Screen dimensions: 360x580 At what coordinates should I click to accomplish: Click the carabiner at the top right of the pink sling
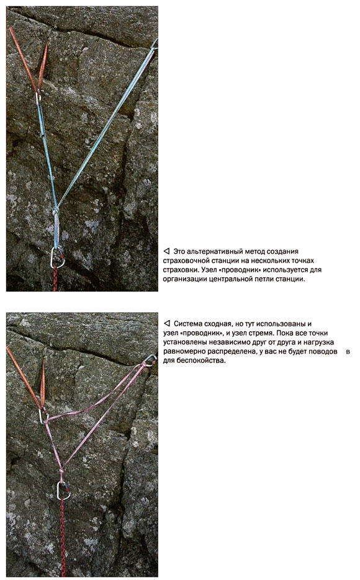coord(150,360)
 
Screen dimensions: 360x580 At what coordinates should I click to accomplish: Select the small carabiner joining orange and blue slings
coord(38,97)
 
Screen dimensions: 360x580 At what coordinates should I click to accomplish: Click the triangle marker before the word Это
coord(166,251)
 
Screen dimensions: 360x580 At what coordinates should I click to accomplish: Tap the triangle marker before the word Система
coord(166,324)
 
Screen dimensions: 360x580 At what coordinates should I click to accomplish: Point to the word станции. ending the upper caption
coord(290,279)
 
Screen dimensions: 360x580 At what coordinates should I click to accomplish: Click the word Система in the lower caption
coord(187,324)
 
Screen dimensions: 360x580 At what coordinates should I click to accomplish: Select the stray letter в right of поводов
coord(348,352)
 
